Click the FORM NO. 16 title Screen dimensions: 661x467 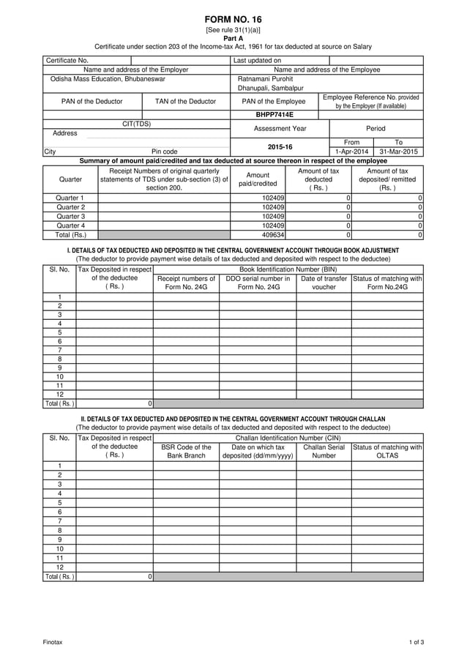pos(233,19)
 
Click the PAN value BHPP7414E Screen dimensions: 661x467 pos(274,115)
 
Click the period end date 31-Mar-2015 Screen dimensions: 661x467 pos(397,152)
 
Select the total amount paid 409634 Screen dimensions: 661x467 pos(273,235)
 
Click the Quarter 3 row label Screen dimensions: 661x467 pos(70,217)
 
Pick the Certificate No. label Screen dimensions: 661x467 pos(67,60)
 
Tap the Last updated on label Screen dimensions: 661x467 pos(257,60)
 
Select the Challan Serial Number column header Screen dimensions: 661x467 pos(324,451)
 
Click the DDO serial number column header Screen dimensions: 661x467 pos(258,283)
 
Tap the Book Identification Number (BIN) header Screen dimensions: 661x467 pos(288,270)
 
